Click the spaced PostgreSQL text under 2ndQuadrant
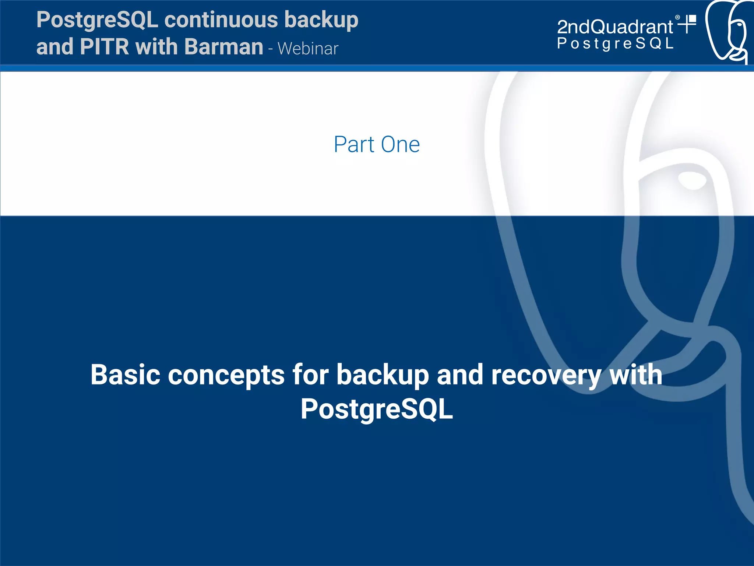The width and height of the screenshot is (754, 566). coord(615,44)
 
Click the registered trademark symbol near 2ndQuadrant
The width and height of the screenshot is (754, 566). coord(677,17)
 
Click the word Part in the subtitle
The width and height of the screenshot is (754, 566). coord(354,144)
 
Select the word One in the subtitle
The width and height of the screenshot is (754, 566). coord(400,144)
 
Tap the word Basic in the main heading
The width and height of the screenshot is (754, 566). coord(125,375)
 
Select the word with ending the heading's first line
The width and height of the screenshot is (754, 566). coord(636,375)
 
